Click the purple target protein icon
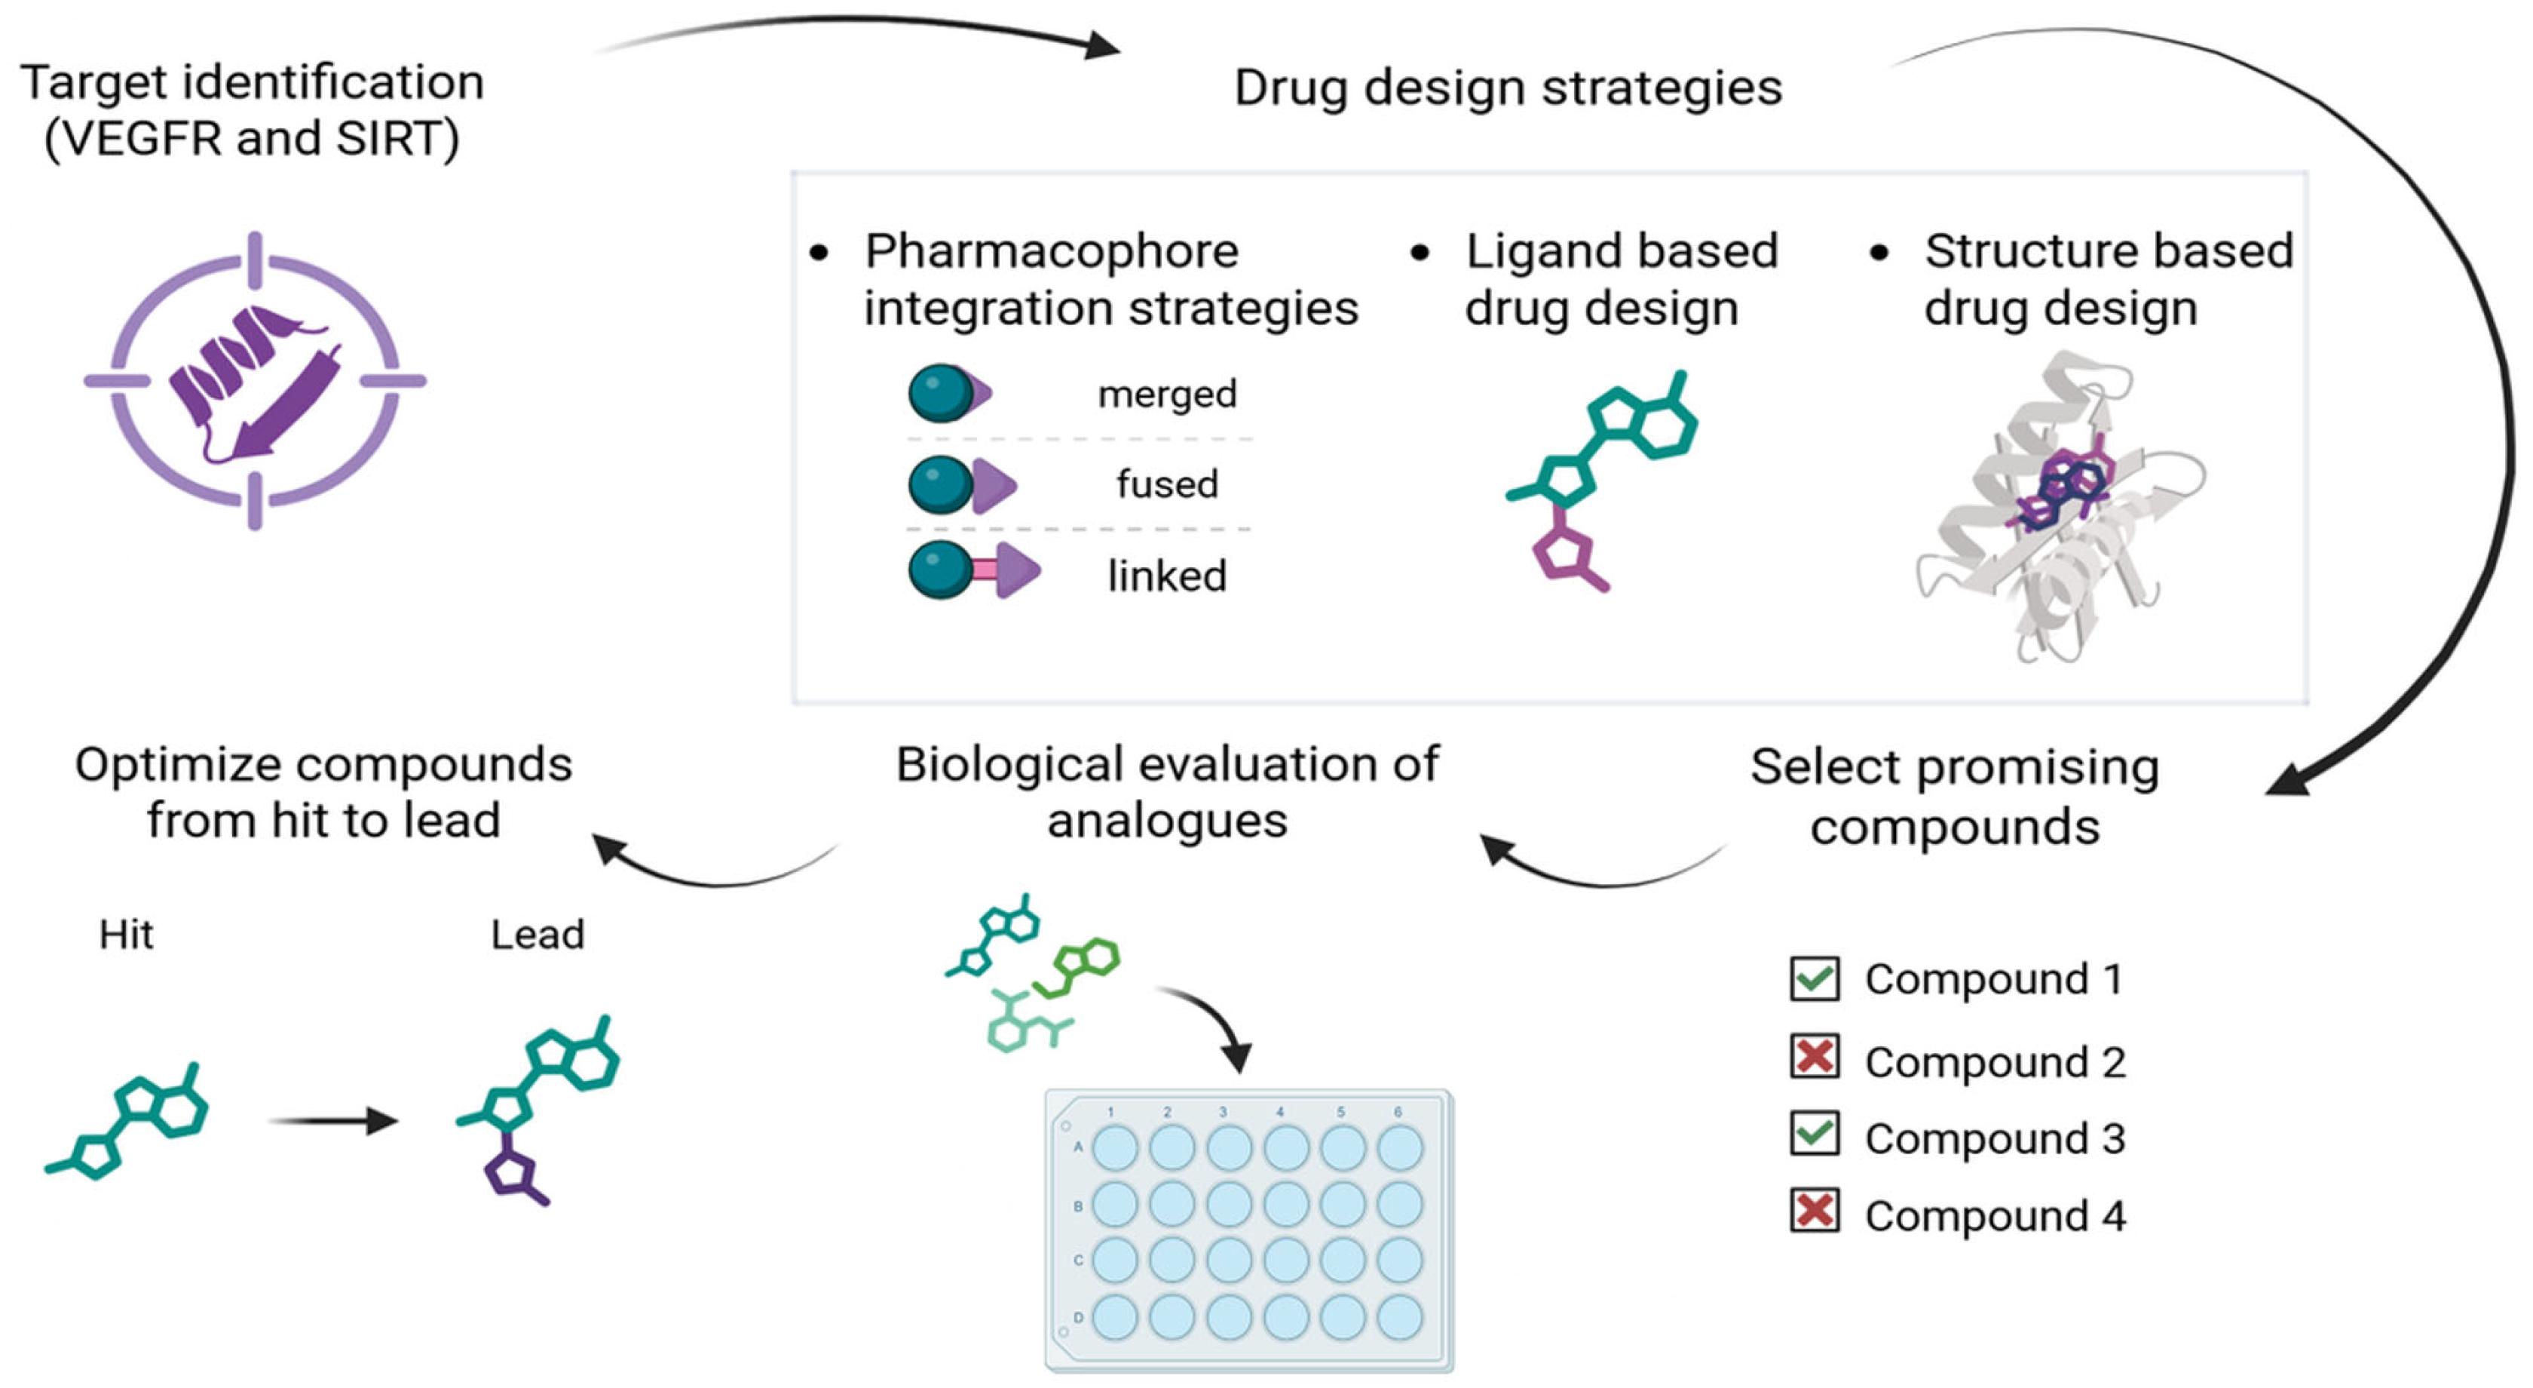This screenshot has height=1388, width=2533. click(255, 382)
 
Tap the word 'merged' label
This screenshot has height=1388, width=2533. click(1167, 395)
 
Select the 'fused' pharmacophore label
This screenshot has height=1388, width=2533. click(1167, 484)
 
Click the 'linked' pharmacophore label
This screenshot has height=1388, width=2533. click(1167, 576)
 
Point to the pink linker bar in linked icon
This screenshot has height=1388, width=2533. click(983, 570)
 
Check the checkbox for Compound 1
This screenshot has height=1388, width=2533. click(1815, 979)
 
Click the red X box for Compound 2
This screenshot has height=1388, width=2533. click(1815, 1058)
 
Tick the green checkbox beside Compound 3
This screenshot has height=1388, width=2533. click(1815, 1135)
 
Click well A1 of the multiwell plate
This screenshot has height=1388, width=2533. click(1115, 1148)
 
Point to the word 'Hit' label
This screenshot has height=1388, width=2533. click(126, 935)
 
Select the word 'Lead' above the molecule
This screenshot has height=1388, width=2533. click(537, 935)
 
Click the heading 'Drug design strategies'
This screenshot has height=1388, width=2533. click(1508, 88)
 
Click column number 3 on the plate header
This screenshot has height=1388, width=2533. click(1224, 1112)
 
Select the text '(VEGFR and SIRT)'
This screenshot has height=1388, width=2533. click(252, 139)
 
